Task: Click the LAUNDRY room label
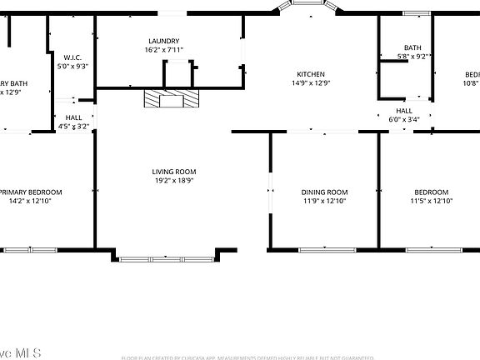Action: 164,41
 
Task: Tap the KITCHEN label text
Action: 311,74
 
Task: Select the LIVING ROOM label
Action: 174,172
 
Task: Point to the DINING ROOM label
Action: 324,192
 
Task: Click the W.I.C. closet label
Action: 72,57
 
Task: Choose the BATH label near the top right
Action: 412,47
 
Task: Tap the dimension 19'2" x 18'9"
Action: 174,181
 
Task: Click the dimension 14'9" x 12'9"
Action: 311,83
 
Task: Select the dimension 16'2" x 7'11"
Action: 164,50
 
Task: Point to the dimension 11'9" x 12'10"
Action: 324,201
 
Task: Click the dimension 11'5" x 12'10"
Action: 431,201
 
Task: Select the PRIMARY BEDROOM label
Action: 33,192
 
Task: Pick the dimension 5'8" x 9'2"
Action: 412,57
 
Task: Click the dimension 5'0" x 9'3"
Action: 72,66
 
